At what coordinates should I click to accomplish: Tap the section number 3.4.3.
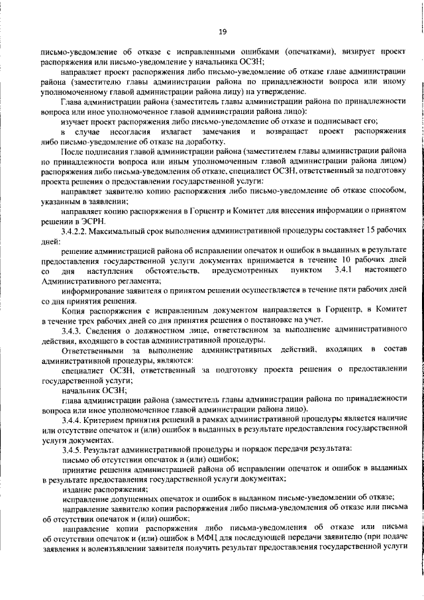pos(73,330)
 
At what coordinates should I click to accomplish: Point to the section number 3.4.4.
pos(73,420)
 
